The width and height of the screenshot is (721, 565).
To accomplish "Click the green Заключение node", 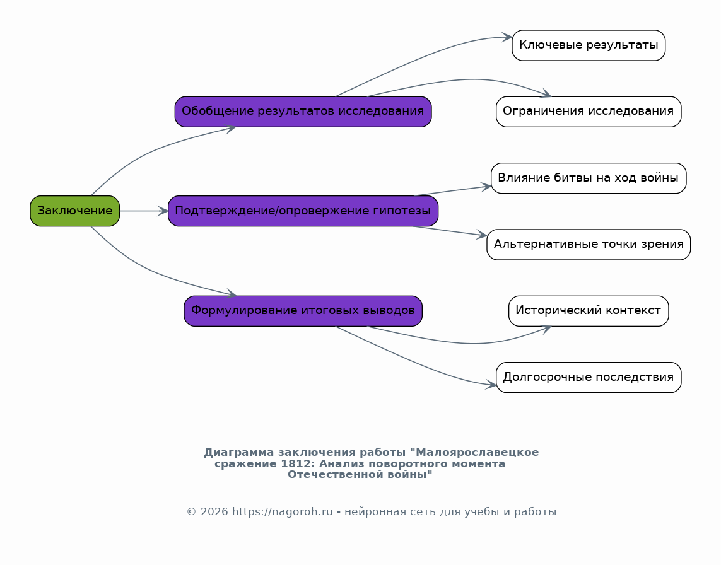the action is point(75,211).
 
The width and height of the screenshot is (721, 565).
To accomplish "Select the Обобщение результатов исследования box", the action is point(303,112).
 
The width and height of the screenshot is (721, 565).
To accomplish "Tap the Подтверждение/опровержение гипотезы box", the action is point(303,211).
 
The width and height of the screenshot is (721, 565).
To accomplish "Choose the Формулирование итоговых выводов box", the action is point(303,312).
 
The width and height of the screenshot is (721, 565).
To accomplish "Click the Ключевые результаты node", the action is point(589,45).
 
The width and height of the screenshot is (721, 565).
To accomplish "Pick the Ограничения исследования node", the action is point(589,112).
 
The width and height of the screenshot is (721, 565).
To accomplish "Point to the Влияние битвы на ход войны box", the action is point(589,178).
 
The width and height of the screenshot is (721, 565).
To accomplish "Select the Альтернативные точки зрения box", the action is point(589,245).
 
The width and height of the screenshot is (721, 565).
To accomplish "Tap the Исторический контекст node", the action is point(589,312).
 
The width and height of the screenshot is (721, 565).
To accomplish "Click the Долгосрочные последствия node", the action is point(589,378).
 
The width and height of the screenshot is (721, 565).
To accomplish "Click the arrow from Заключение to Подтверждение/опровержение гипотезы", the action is point(144,211).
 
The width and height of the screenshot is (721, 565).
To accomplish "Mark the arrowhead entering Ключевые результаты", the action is point(507,37).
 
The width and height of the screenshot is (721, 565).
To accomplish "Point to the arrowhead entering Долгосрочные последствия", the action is point(491,385).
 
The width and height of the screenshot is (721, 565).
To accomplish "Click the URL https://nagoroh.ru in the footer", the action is point(283,511).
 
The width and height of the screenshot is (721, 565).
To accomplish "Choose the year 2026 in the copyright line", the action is point(214,511).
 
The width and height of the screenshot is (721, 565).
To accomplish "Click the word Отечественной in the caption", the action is point(337,474).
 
